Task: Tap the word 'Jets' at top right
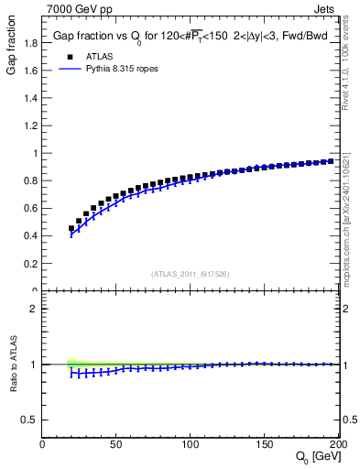click(x=325, y=7)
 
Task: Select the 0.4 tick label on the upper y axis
click(x=30, y=235)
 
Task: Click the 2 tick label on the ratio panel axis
click(x=35, y=309)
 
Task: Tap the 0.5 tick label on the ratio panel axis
click(x=30, y=420)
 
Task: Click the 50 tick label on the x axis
click(x=116, y=444)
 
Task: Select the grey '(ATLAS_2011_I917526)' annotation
click(x=191, y=273)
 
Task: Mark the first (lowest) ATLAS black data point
click(x=71, y=228)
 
